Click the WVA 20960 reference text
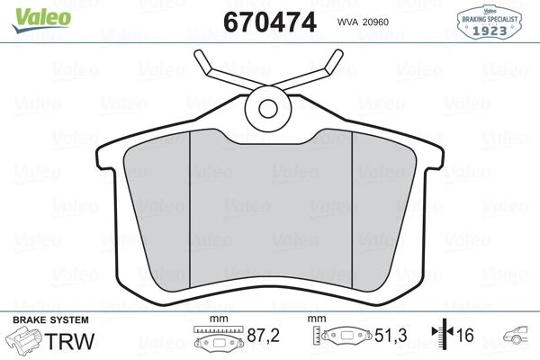click(x=364, y=22)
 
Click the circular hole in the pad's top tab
click(x=269, y=108)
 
